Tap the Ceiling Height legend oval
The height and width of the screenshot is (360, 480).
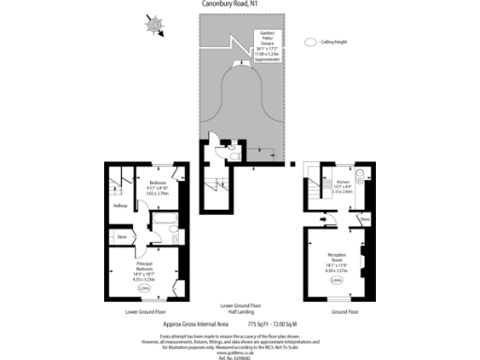point(310,42)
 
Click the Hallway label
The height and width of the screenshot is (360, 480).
point(120,205)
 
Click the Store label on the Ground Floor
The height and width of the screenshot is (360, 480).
point(366,221)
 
